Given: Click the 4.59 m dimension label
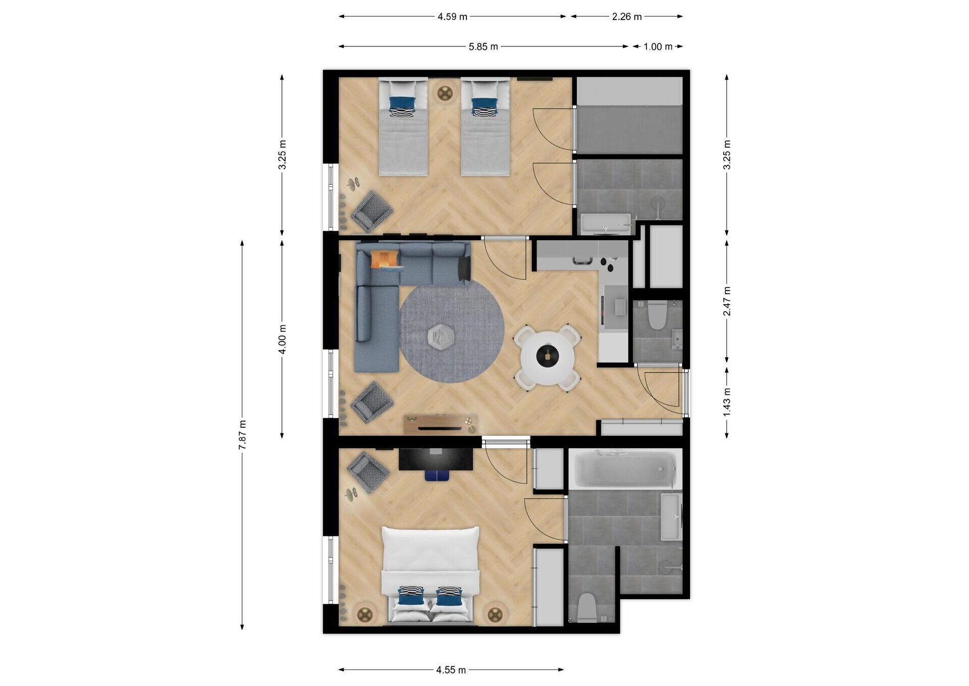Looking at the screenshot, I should [x=452, y=17].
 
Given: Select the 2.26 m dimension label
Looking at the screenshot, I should [x=627, y=17].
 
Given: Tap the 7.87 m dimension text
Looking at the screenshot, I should [x=243, y=435].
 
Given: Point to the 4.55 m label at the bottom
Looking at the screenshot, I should [x=451, y=670].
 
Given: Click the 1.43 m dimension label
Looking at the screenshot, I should [x=727, y=402].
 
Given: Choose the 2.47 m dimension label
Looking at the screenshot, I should [x=727, y=301].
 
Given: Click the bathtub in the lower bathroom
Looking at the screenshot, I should [x=625, y=470].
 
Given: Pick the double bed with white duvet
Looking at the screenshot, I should [x=430, y=573].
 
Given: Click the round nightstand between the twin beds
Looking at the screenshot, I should [x=445, y=92].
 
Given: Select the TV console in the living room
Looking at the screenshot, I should [x=440, y=424].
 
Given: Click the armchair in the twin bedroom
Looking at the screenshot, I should [x=372, y=211].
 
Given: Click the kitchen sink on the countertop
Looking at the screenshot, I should [x=582, y=261].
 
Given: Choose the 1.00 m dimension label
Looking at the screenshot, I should [x=658, y=47].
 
